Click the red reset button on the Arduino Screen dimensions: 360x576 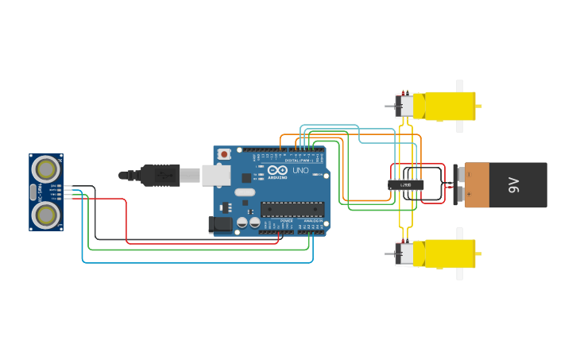point(225,153)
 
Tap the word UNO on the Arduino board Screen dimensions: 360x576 point(300,170)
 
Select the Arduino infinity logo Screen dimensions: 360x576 point(277,169)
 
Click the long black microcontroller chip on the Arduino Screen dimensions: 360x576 point(292,209)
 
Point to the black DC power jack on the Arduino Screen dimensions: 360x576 point(220,225)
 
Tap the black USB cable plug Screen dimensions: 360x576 point(160,175)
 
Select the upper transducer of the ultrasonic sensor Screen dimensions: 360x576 point(47,168)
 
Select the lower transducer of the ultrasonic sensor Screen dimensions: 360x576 point(47,214)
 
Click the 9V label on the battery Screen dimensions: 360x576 point(513,186)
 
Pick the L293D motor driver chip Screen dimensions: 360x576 point(405,185)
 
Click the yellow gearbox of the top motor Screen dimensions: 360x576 point(445,105)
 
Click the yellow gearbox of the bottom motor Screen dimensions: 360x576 point(445,254)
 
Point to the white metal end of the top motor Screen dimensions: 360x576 point(404,105)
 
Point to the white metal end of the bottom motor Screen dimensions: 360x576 point(404,254)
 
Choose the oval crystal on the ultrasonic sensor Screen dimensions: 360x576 point(33,192)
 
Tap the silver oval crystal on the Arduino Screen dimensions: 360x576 point(244,192)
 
